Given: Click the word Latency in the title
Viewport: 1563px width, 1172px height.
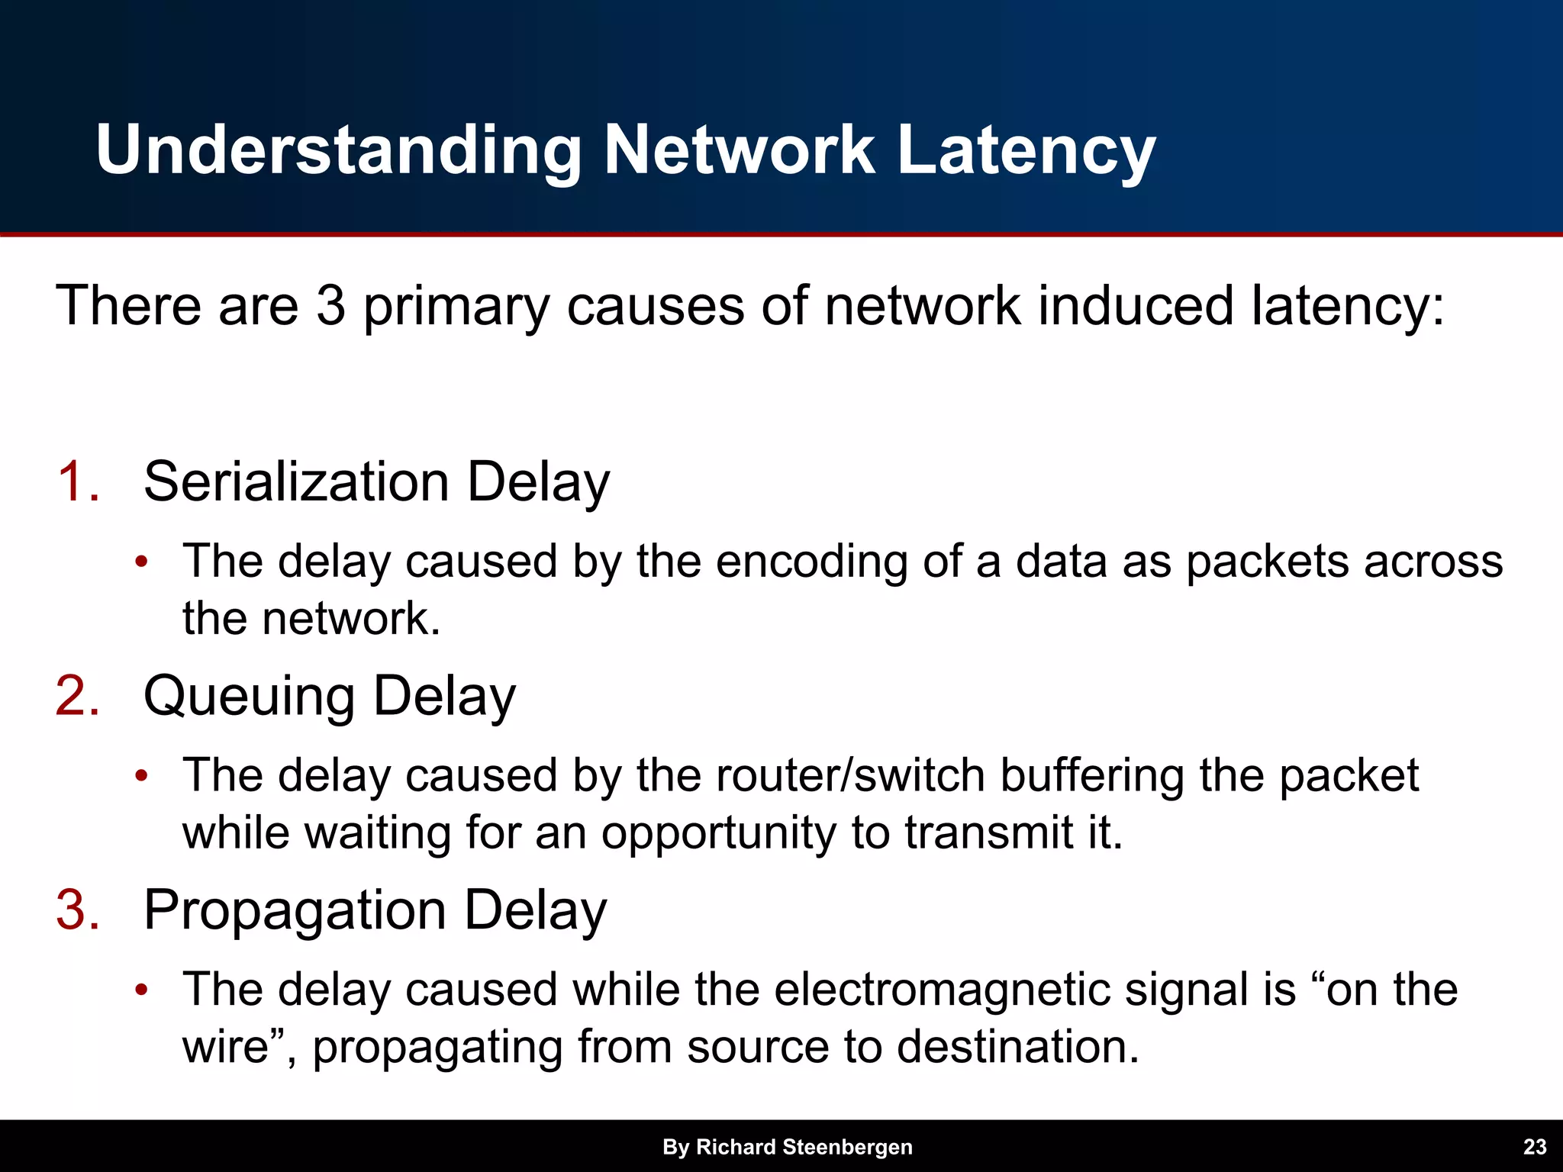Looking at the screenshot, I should tap(1026, 150).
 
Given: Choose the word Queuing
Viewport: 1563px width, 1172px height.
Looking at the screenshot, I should tap(249, 697).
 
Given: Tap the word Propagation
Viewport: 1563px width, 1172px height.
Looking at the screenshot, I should tap(295, 911).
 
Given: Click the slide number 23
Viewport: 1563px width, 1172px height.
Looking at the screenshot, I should tap(1534, 1147).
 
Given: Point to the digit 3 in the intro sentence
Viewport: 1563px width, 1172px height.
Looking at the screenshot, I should tap(330, 305).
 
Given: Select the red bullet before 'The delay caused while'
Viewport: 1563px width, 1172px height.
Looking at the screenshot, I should tap(140, 990).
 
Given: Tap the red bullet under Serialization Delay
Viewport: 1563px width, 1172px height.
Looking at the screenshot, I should tap(140, 562).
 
